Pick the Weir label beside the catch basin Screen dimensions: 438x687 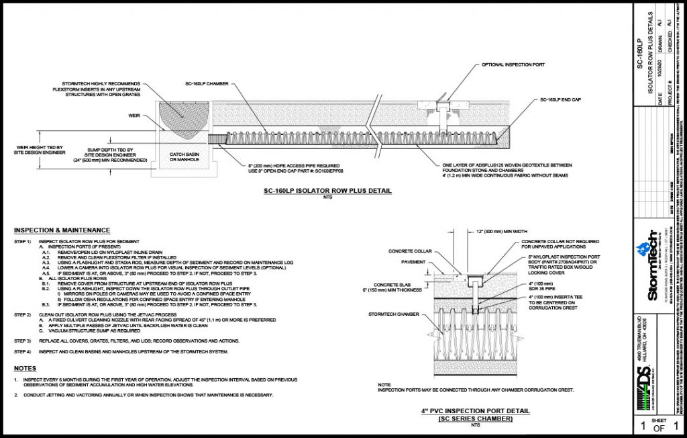(133, 115)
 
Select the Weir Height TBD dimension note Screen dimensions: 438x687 (38, 150)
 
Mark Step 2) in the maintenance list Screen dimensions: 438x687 (23, 314)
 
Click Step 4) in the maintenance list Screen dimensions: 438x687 (23, 351)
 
